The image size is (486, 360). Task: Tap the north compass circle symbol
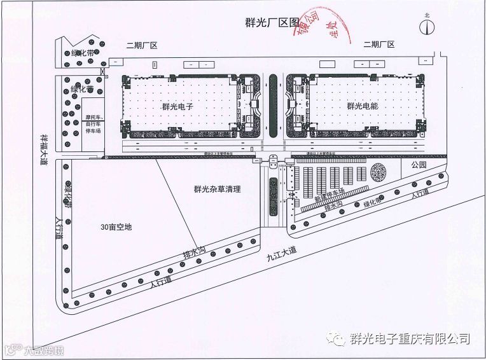click(x=427, y=26)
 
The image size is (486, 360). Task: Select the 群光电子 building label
click(x=177, y=107)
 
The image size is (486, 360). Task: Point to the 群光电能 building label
click(x=363, y=107)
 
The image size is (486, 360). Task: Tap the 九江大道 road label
click(x=281, y=253)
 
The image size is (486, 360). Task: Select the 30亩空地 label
click(x=116, y=227)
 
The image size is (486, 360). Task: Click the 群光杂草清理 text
click(x=218, y=189)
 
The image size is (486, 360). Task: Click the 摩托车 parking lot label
click(x=93, y=122)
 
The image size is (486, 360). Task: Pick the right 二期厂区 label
click(x=379, y=45)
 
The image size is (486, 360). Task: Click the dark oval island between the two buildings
click(x=272, y=106)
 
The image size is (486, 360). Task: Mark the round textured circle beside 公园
click(x=380, y=172)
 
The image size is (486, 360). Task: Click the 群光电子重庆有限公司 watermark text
click(x=410, y=338)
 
